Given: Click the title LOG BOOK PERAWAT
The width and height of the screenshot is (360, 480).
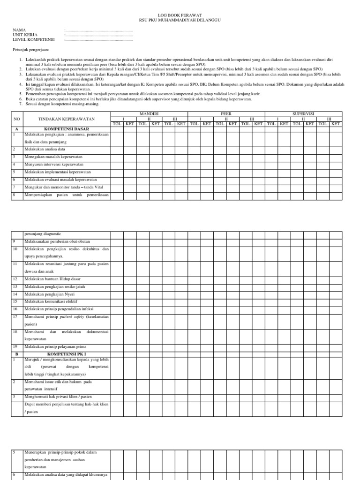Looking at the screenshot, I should click(x=180, y=15).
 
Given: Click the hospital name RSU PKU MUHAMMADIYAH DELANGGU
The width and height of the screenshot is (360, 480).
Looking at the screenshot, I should click(x=180, y=20).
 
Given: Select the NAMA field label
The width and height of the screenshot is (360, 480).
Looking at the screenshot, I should click(x=20, y=30).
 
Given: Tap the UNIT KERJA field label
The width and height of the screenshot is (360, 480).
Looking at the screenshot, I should click(x=25, y=35).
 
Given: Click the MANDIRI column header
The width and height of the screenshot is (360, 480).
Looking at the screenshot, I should click(x=149, y=114).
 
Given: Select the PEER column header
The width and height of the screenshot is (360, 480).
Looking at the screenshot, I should click(x=226, y=114).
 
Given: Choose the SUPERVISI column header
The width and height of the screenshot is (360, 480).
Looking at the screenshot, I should click(x=303, y=114).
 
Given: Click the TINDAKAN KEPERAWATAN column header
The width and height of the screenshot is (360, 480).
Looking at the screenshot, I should click(x=66, y=119).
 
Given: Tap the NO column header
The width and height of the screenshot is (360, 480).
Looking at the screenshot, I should click(x=17, y=119).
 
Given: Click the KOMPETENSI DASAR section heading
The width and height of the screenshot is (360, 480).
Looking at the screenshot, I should click(x=66, y=128).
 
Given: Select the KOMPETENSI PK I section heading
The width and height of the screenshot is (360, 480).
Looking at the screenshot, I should click(x=66, y=354).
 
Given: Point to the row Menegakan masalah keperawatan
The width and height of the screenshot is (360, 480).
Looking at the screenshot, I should click(x=53, y=157).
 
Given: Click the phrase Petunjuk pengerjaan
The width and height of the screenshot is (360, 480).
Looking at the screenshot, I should click(x=30, y=49).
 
